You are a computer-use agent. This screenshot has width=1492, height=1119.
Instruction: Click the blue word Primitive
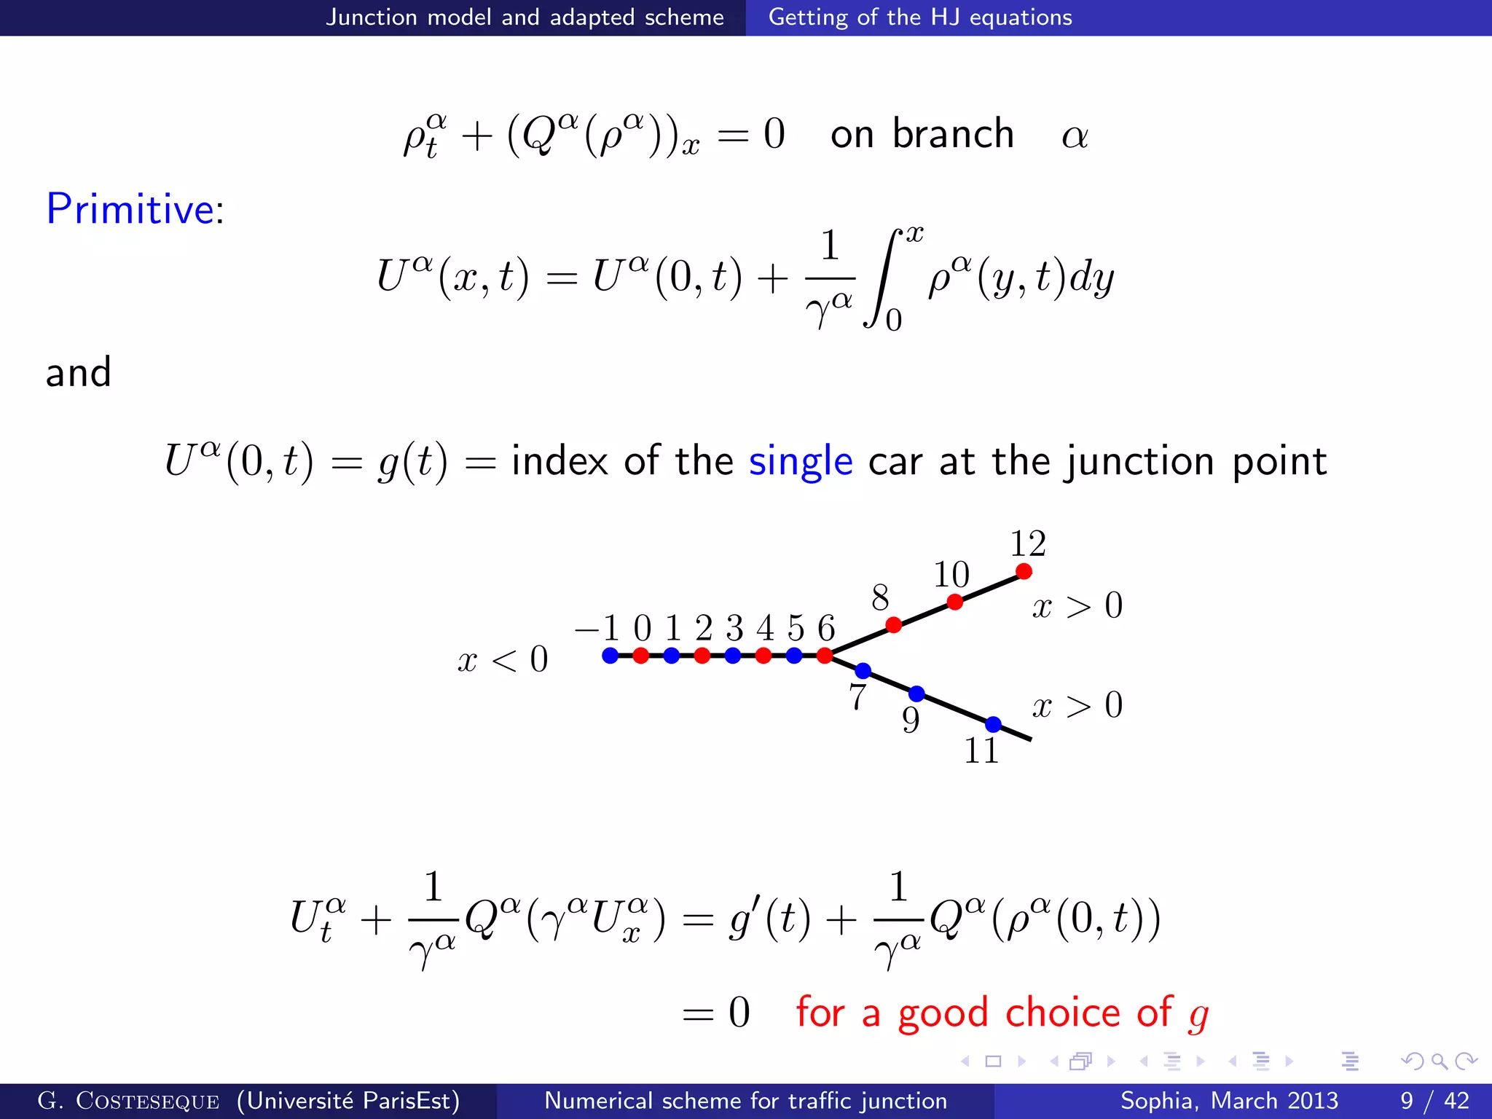pyautogui.click(x=130, y=209)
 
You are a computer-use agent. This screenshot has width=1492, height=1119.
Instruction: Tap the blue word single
pyautogui.click(x=801, y=461)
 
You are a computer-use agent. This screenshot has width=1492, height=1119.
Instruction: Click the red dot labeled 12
pyautogui.click(x=1024, y=571)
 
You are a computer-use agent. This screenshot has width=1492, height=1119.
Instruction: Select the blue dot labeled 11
pyautogui.click(x=993, y=724)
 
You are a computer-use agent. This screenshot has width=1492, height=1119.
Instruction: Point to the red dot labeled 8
pyautogui.click(x=894, y=624)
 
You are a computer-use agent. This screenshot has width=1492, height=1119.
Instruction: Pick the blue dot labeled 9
pyautogui.click(x=916, y=693)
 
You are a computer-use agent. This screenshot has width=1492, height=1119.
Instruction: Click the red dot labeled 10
pyautogui.click(x=955, y=602)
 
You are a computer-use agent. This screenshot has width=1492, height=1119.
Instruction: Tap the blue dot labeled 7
pyautogui.click(x=863, y=670)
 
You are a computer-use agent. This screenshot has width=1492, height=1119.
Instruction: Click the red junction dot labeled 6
pyautogui.click(x=825, y=656)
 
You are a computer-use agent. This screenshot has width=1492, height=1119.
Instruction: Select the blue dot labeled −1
pyautogui.click(x=610, y=656)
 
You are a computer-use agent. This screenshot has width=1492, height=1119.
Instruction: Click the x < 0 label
pyautogui.click(x=503, y=660)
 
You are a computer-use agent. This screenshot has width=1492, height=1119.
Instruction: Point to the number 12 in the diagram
pyautogui.click(x=1028, y=543)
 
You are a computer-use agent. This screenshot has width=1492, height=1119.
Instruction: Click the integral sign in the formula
pyautogui.click(x=882, y=277)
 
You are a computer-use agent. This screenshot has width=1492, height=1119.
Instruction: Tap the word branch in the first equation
pyautogui.click(x=953, y=134)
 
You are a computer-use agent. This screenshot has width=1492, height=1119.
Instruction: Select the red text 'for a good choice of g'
pyautogui.click(x=1002, y=1013)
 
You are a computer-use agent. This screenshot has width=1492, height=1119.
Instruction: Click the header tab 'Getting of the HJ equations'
pyautogui.click(x=920, y=17)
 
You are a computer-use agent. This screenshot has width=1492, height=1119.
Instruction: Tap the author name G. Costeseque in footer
pyautogui.click(x=128, y=1100)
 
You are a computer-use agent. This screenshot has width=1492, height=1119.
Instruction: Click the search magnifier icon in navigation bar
pyautogui.click(x=1439, y=1061)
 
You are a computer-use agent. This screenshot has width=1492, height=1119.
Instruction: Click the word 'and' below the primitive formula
pyautogui.click(x=78, y=372)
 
